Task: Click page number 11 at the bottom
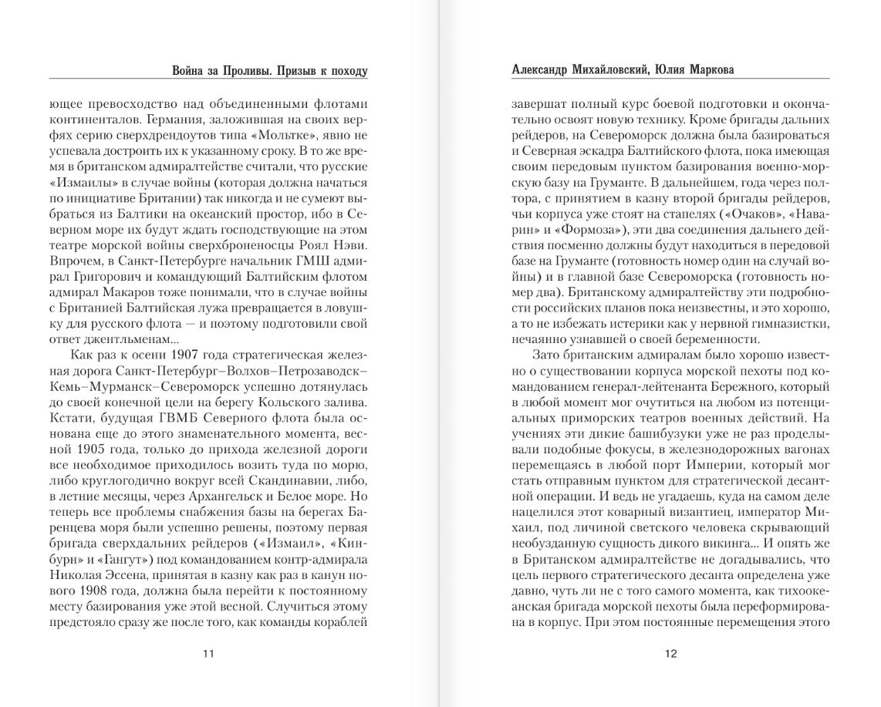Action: click(208, 655)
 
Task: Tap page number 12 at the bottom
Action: click(670, 655)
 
